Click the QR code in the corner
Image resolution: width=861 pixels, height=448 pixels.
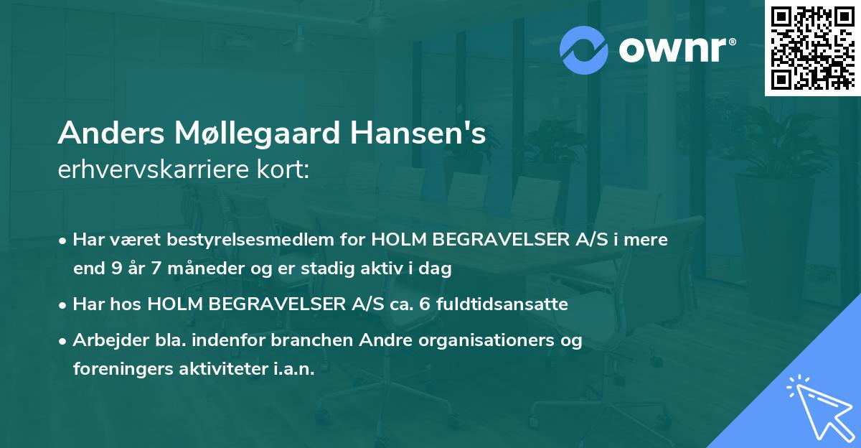(812, 48)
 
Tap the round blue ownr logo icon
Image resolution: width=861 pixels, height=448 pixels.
(584, 50)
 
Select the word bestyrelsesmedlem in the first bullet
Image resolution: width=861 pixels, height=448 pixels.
(232, 240)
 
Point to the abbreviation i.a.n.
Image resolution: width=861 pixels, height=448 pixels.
(294, 369)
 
